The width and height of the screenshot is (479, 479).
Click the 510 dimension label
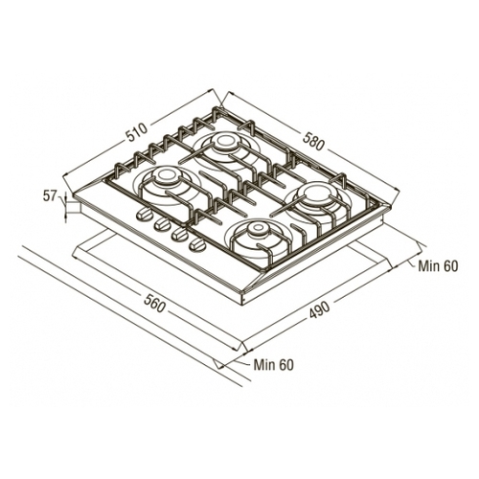click(x=137, y=131)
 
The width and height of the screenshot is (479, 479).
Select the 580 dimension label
click(x=313, y=141)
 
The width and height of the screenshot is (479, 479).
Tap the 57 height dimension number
click(x=50, y=196)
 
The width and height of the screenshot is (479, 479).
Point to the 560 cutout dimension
click(x=154, y=304)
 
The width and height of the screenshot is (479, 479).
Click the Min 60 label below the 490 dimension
click(x=273, y=365)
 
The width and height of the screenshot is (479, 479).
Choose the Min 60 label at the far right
click(x=438, y=266)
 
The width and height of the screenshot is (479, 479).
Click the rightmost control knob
click(x=196, y=244)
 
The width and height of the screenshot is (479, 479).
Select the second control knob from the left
click(x=162, y=224)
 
